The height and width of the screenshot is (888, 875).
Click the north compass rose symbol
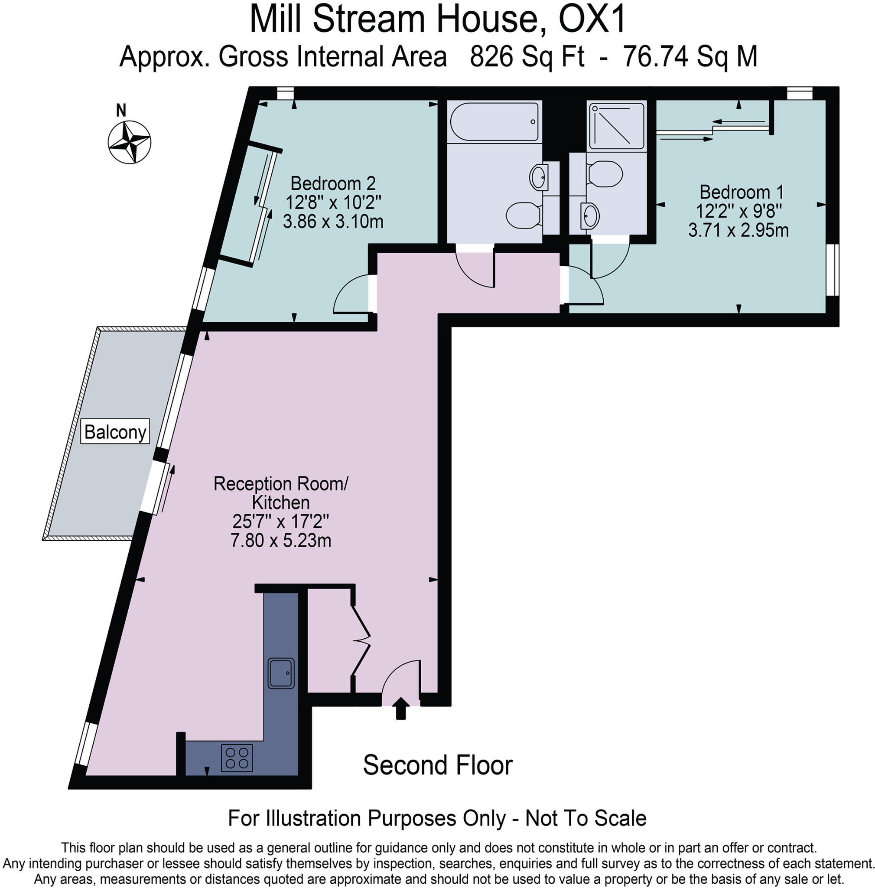pyautogui.click(x=129, y=142)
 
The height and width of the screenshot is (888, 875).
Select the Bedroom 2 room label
pyautogui.click(x=332, y=184)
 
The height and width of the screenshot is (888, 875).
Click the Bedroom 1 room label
pyautogui.click(x=741, y=192)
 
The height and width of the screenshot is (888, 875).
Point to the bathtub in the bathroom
pyautogui.click(x=494, y=121)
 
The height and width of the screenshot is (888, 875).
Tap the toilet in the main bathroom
pyautogui.click(x=523, y=214)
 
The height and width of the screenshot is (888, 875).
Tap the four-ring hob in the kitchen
pyautogui.click(x=237, y=758)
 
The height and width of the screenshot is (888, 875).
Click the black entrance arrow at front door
pyautogui.click(x=401, y=708)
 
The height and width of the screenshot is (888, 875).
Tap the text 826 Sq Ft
pyautogui.click(x=527, y=57)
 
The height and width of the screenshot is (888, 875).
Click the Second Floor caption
pyautogui.click(x=437, y=765)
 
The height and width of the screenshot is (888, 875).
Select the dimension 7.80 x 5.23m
pyautogui.click(x=281, y=541)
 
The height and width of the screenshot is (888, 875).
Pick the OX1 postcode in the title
pyautogui.click(x=592, y=20)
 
